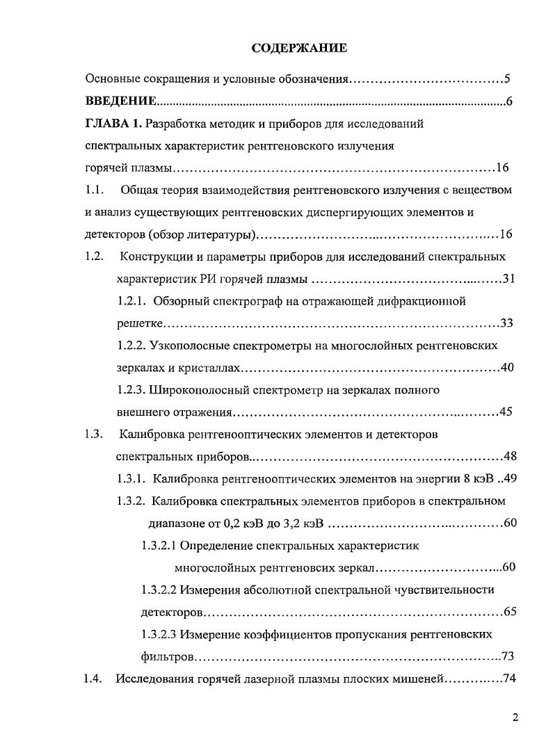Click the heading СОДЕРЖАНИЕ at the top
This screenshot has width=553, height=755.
(299, 48)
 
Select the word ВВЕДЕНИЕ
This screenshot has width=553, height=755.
(120, 102)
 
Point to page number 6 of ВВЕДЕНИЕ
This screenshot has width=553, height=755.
(509, 102)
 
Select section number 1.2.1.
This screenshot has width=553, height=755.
(131, 301)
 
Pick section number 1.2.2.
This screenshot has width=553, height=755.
(131, 345)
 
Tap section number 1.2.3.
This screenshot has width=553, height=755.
(131, 389)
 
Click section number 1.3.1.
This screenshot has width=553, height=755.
(131, 478)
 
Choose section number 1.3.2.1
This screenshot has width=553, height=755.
(159, 545)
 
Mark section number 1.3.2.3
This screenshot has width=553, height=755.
(159, 634)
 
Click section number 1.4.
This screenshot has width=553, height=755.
(93, 679)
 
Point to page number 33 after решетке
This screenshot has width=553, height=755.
(506, 323)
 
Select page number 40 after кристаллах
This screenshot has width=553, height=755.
(506, 368)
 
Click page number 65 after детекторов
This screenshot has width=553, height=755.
(508, 612)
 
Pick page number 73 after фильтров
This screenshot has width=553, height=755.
(507, 656)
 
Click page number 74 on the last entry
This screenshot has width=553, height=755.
(507, 679)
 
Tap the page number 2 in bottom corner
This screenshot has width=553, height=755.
(515, 719)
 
